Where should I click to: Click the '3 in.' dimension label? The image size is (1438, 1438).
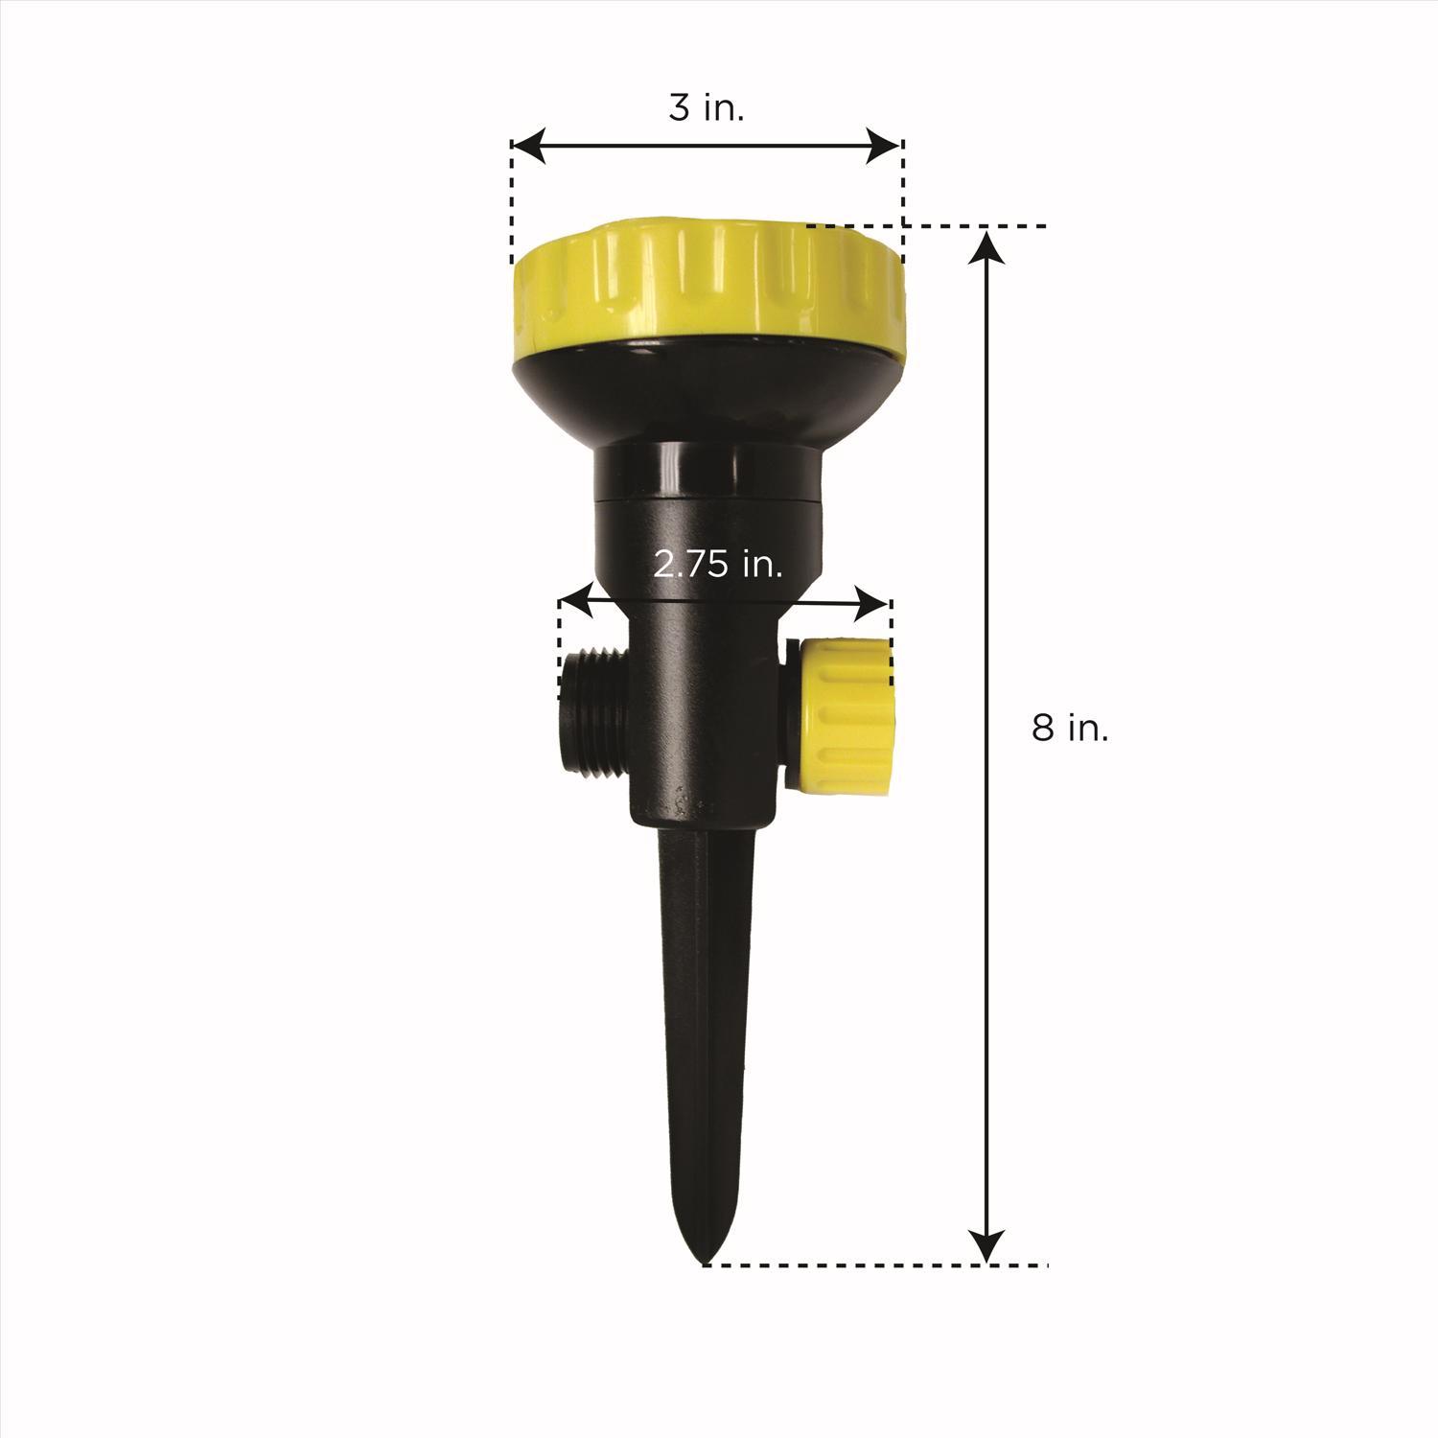[x=707, y=108]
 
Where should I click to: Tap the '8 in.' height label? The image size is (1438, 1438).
[x=1070, y=729]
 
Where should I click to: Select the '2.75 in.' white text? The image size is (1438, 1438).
[x=718, y=565]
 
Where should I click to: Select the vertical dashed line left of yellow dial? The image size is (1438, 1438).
[x=512, y=206]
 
